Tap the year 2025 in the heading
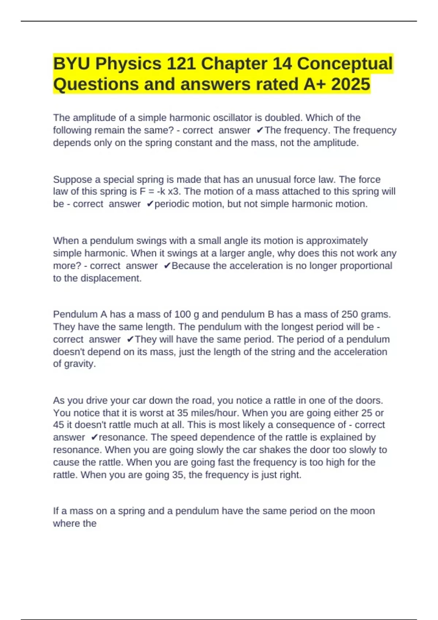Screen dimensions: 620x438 (350, 84)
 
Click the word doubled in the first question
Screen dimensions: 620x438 (283, 118)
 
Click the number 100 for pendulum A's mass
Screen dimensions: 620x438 (182, 314)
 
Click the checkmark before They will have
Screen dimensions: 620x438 (130, 340)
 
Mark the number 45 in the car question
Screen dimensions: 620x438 (58, 425)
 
